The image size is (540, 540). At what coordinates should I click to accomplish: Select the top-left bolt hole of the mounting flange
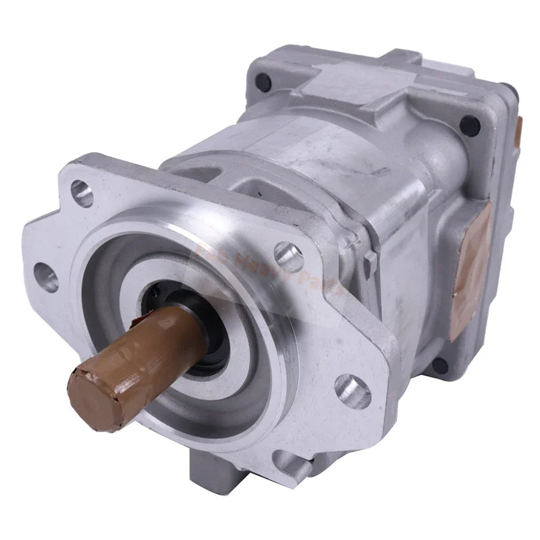pyautogui.click(x=82, y=193)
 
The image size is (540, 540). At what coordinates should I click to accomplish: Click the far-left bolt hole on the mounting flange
pyautogui.click(x=46, y=276)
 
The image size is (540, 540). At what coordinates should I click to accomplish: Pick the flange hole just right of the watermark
pyautogui.click(x=288, y=257)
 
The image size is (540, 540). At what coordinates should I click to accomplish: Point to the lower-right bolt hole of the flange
pyautogui.click(x=352, y=391)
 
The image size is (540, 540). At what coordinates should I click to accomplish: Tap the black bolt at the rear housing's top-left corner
pyautogui.click(x=263, y=82)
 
